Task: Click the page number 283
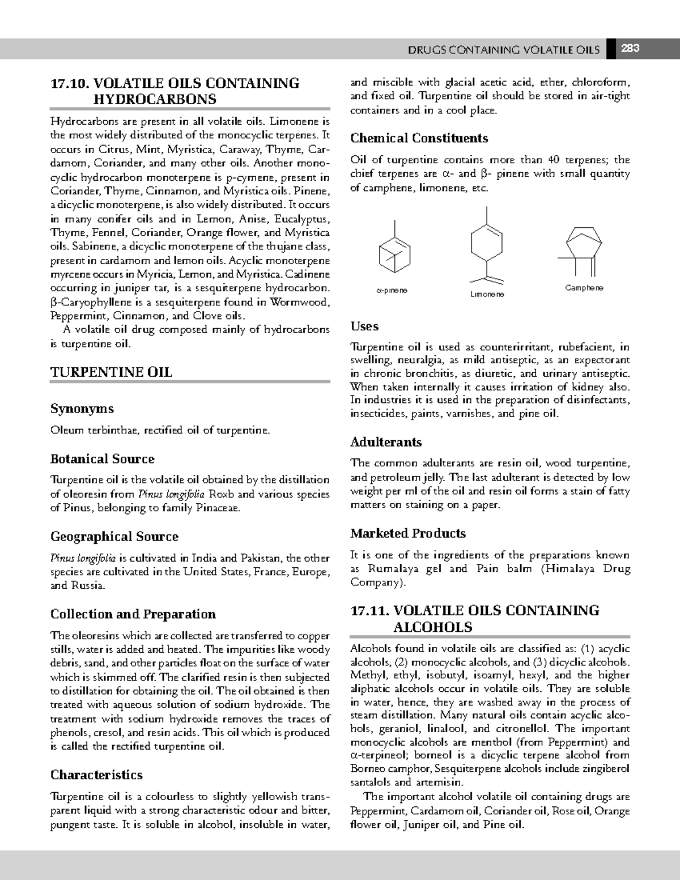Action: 630,49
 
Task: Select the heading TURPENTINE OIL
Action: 111,372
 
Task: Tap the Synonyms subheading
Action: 82,409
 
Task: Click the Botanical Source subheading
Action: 102,459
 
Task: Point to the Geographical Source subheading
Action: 114,537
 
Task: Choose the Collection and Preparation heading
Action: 133,614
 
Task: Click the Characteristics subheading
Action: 96,775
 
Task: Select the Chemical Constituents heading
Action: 419,138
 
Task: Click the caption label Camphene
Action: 584,288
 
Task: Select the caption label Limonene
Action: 487,295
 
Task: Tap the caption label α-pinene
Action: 392,290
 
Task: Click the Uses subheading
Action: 364,326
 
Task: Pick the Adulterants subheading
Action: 386,442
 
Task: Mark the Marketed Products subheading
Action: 407,533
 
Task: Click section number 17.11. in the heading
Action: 369,611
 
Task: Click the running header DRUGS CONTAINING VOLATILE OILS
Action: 503,50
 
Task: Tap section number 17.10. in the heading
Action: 70,83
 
